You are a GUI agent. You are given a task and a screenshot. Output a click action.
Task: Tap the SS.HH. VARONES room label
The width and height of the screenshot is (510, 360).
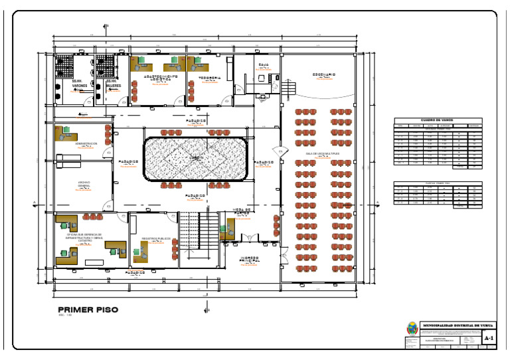coord(79,84)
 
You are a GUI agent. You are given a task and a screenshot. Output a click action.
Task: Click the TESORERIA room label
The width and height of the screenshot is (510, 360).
coord(210,78)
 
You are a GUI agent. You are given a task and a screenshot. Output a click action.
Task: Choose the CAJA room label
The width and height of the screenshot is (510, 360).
coord(263,64)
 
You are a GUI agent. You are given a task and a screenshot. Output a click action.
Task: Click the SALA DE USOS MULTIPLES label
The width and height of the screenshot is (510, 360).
coord(322,153)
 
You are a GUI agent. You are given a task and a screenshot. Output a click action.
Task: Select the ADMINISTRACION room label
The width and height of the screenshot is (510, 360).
coord(86,143)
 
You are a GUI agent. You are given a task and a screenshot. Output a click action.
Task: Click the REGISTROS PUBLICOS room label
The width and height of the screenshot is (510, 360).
coord(156,238)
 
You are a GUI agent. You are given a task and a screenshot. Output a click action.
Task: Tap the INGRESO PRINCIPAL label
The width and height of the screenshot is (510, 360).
coord(249,259)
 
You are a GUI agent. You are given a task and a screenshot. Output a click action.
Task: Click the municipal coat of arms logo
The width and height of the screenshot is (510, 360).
coord(412,328)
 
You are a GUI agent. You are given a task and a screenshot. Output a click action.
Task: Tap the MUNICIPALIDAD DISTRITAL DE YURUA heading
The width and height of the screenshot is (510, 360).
coord(458,325)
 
